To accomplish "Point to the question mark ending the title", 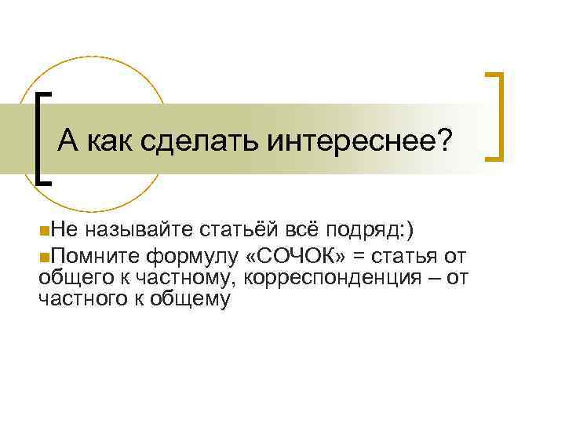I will [x=446, y=141].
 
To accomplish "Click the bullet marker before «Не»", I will [x=42, y=229].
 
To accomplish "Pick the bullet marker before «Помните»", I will [x=42, y=254].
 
